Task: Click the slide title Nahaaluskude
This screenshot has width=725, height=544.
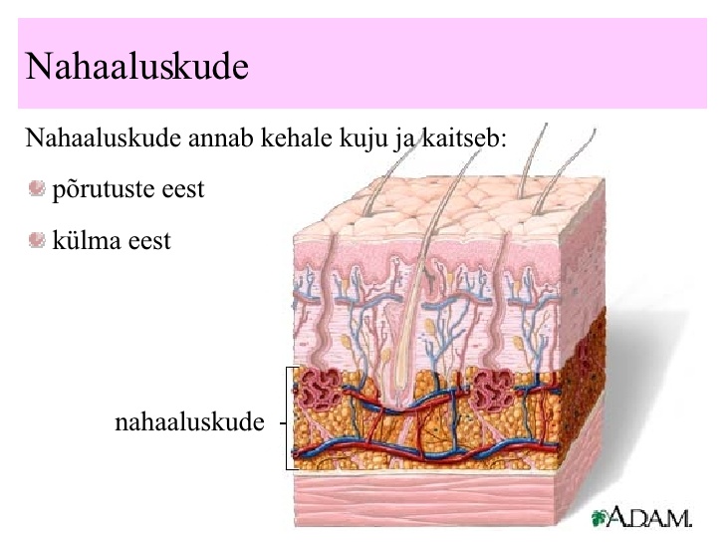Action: coord(137,66)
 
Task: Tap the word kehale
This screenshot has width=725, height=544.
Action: coord(297,137)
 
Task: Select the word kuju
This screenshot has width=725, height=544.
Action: coord(363,139)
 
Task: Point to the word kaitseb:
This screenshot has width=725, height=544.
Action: coord(463,137)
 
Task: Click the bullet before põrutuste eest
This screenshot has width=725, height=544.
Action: coord(37,188)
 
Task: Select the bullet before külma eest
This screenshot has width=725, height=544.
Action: coord(37,240)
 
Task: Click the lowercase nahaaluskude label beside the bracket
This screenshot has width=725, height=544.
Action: coord(189,421)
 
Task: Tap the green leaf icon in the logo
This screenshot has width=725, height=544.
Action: coord(599,518)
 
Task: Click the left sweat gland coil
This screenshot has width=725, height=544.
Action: coord(321,389)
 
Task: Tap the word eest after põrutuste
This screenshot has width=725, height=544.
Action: coord(182,189)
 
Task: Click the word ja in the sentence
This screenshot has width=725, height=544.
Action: coord(403,139)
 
